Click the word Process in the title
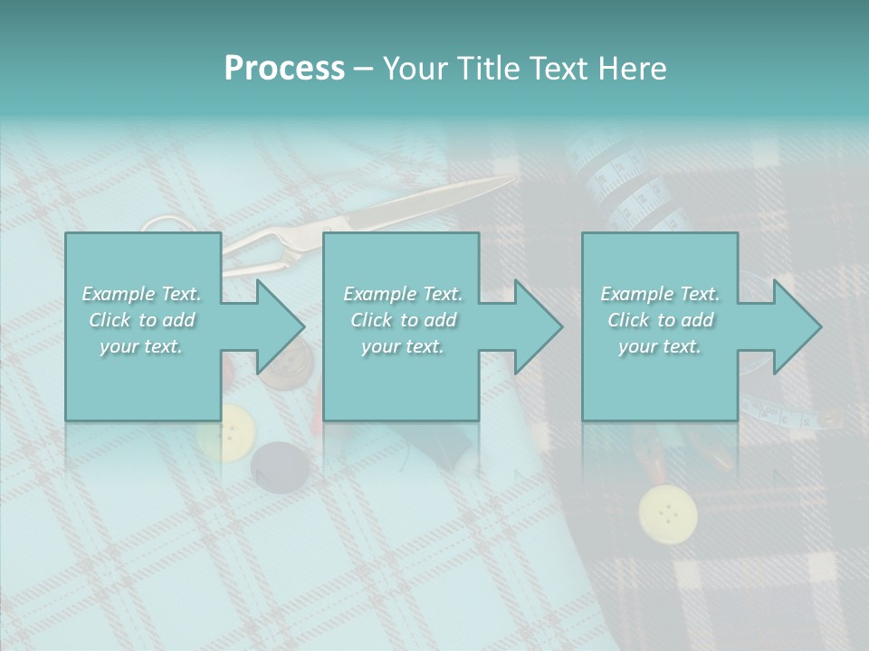pyautogui.click(x=284, y=69)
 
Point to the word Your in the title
pyautogui.click(x=411, y=69)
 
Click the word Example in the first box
pyautogui.click(x=119, y=294)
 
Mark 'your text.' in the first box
pyautogui.click(x=140, y=346)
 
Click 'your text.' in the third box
pyautogui.click(x=659, y=346)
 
